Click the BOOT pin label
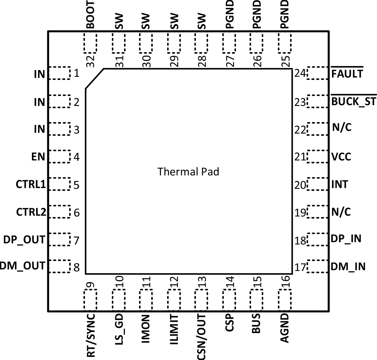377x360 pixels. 91,15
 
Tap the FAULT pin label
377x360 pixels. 347,73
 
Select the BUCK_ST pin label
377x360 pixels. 354,102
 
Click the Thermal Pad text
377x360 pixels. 188,172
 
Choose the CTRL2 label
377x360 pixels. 31,212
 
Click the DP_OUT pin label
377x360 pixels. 24,240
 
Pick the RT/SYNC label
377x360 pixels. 91,335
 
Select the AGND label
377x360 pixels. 284,328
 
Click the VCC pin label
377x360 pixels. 341,157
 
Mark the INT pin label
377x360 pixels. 340,185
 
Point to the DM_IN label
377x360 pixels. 348,266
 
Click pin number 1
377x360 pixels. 76,73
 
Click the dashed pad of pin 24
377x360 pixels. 317,73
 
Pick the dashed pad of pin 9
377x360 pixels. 90,300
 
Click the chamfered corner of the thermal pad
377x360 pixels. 95,79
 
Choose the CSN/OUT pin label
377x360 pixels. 201,336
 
